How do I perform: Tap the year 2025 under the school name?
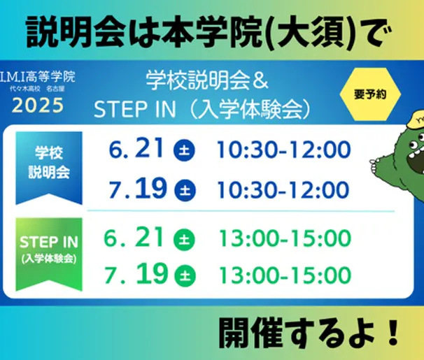coord(39,106)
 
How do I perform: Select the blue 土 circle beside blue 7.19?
coord(185,189)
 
